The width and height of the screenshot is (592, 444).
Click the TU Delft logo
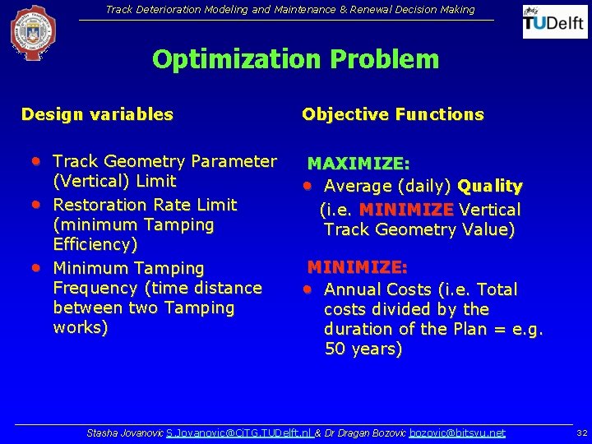tap(555, 22)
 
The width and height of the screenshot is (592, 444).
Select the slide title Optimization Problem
tap(295, 59)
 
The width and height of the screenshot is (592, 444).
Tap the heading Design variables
tap(97, 114)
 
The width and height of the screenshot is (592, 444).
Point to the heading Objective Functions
tap(392, 114)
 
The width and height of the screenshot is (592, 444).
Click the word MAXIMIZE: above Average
tap(358, 165)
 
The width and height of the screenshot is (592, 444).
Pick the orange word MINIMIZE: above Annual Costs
tap(357, 267)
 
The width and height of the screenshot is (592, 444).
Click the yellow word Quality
tap(490, 187)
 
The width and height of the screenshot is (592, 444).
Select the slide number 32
tap(581, 432)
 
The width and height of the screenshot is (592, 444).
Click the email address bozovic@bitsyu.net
tap(457, 432)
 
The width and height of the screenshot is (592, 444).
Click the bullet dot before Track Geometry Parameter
tap(37, 160)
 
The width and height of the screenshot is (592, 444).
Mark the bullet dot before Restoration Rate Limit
tap(37, 203)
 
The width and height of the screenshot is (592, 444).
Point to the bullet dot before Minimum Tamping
tap(37, 266)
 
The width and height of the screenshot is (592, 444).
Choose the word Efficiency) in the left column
tap(95, 244)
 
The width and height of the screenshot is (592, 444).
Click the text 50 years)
tap(363, 349)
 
